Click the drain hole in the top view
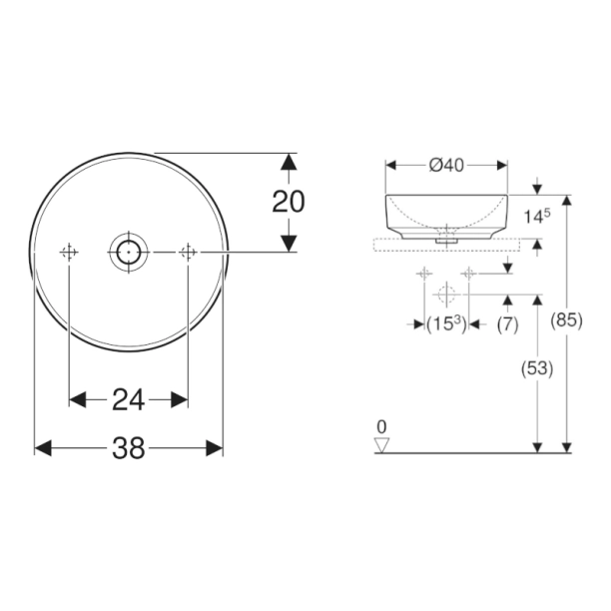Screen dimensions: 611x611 [128, 253]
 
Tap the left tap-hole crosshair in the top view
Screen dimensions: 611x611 [69, 253]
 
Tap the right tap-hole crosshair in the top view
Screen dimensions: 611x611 [187, 253]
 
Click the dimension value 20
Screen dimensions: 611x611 [289, 202]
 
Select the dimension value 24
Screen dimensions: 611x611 [128, 400]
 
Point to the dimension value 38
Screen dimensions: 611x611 [128, 449]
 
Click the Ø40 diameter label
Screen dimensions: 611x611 [447, 166]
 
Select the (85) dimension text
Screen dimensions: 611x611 [567, 321]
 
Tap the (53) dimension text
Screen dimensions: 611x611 [537, 368]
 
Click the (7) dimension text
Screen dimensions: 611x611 [507, 323]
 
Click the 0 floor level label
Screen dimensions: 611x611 [381, 427]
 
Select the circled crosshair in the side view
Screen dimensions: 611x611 [446, 295]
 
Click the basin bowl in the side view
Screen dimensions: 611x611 [446, 212]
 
